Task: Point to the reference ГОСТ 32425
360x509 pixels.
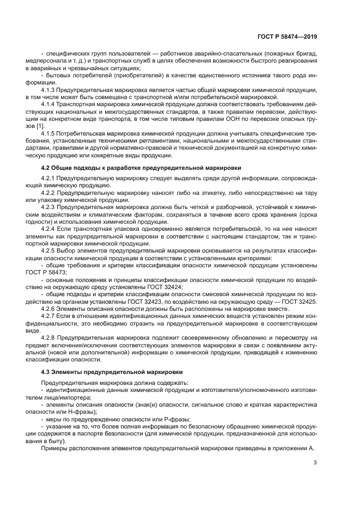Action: click(x=299, y=301)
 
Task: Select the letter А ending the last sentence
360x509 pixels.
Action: click(x=313, y=447)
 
